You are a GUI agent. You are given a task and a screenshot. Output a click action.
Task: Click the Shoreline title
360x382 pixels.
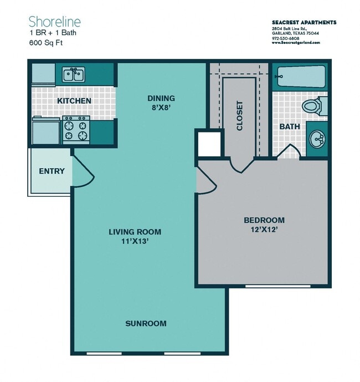click(x=55, y=22)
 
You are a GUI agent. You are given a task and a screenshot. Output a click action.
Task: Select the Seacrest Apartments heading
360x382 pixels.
click(x=304, y=22)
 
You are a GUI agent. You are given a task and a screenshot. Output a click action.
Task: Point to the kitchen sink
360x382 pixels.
click(x=73, y=74)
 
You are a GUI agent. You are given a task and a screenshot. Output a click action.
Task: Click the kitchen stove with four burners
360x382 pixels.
click(x=75, y=129)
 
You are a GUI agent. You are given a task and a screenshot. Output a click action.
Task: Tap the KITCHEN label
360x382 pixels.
click(x=74, y=101)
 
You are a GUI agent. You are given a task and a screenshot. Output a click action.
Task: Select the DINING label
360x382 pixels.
click(x=161, y=99)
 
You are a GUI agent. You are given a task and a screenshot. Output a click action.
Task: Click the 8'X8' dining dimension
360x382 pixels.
click(x=161, y=108)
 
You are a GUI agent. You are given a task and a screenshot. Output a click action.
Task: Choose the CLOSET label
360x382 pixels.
click(x=239, y=115)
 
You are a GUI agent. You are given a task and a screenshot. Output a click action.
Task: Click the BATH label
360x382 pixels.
click(x=289, y=126)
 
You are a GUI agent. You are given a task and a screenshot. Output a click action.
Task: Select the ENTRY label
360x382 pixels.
click(x=52, y=171)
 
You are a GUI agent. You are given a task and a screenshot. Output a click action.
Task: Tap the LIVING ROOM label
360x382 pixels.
click(x=135, y=231)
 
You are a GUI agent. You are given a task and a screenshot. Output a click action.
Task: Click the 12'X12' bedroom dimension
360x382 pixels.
click(x=264, y=230)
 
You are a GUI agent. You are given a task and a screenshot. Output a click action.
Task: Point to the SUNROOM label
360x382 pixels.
click(x=146, y=323)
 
